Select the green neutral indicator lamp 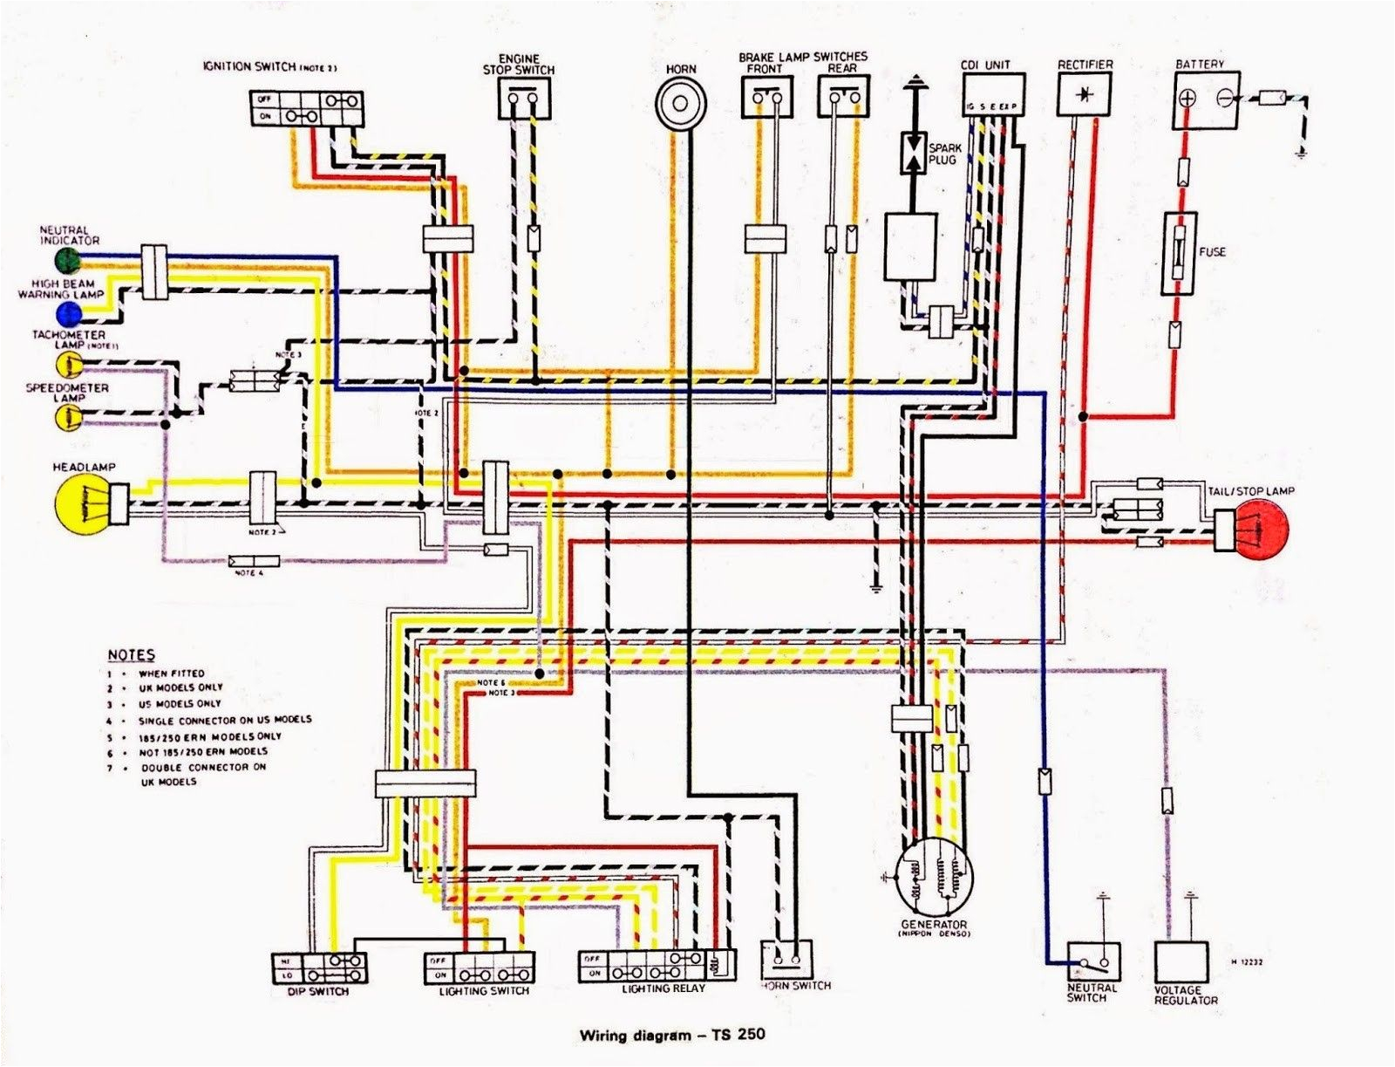pyautogui.click(x=66, y=259)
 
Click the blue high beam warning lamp pyautogui.click(x=66, y=313)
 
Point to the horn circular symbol pyautogui.click(x=682, y=103)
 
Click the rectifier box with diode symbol pyautogui.click(x=1084, y=93)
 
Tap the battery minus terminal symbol pyautogui.click(x=1224, y=99)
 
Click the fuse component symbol pyautogui.click(x=1179, y=253)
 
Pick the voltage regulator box pyautogui.click(x=1182, y=963)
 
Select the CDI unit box pyautogui.click(x=993, y=94)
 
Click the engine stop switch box pyautogui.click(x=525, y=98)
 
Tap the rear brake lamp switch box pyautogui.click(x=843, y=96)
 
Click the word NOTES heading pyautogui.click(x=132, y=655)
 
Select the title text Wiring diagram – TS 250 pyautogui.click(x=672, y=1036)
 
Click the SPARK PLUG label pyautogui.click(x=942, y=154)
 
